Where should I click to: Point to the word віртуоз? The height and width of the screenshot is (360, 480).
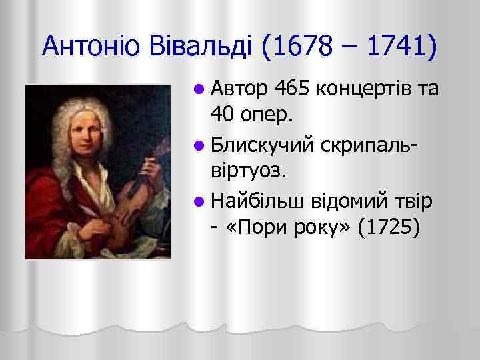(249, 171)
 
